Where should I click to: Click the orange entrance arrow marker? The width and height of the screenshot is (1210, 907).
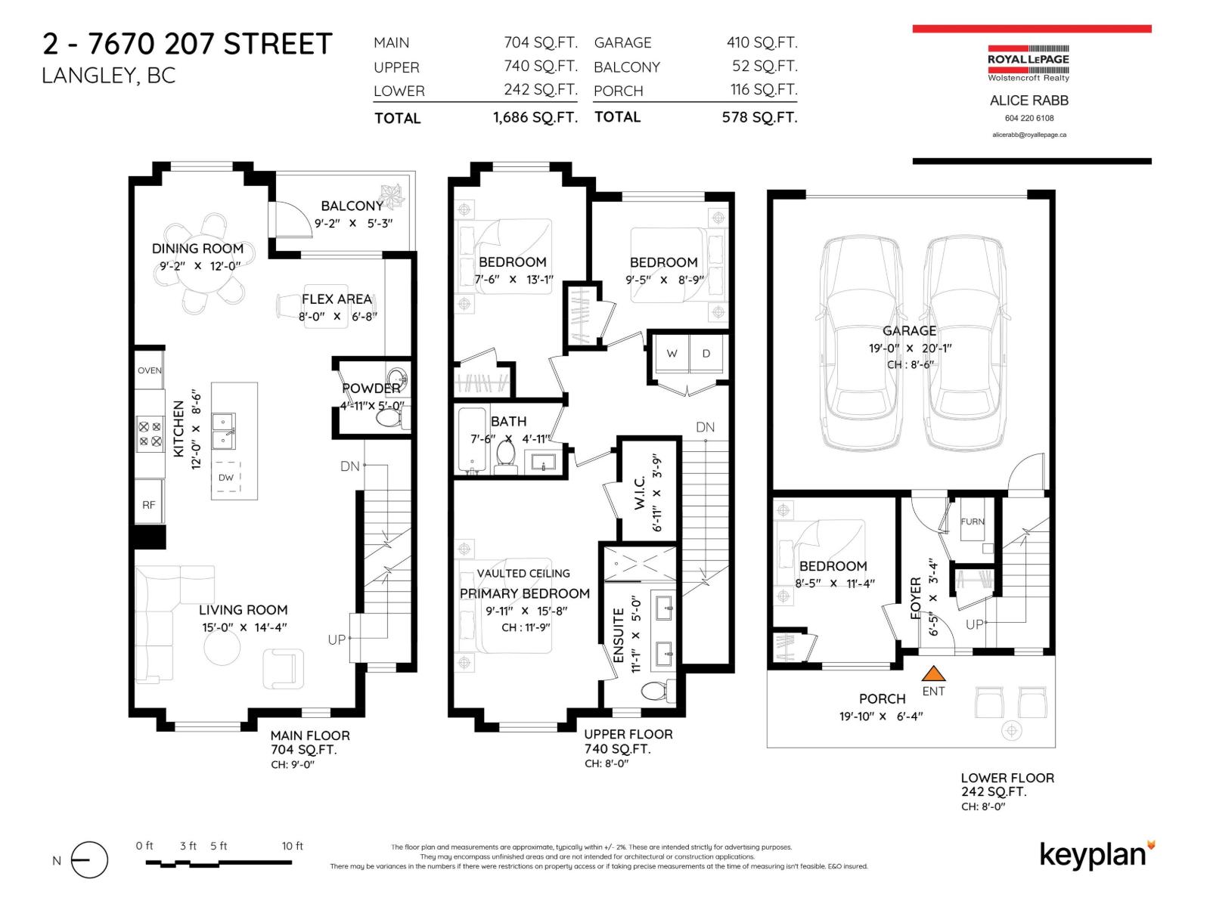click(x=934, y=673)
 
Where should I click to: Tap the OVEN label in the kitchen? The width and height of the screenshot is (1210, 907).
click(x=150, y=370)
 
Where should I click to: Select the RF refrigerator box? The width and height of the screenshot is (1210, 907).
click(x=149, y=504)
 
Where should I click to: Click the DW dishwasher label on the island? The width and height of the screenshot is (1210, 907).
click(x=226, y=477)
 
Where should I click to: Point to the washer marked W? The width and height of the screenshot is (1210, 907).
click(x=672, y=354)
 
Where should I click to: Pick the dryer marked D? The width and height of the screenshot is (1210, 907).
click(x=706, y=354)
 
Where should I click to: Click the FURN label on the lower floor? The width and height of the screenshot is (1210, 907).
click(x=973, y=522)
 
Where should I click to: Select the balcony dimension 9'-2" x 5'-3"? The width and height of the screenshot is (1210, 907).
click(x=354, y=224)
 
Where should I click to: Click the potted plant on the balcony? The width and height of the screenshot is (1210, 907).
click(x=393, y=198)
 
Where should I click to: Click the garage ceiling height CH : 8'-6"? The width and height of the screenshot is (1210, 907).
click(x=911, y=365)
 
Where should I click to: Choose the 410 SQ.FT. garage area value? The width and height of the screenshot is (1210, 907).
click(x=762, y=43)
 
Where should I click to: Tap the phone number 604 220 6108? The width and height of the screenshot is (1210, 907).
click(x=1029, y=118)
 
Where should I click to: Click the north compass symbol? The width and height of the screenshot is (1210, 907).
click(x=89, y=860)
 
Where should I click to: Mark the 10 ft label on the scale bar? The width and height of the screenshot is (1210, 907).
click(x=292, y=846)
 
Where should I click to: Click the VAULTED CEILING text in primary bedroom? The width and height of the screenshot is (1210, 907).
click(x=523, y=574)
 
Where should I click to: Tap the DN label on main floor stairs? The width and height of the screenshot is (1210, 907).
click(x=349, y=466)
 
